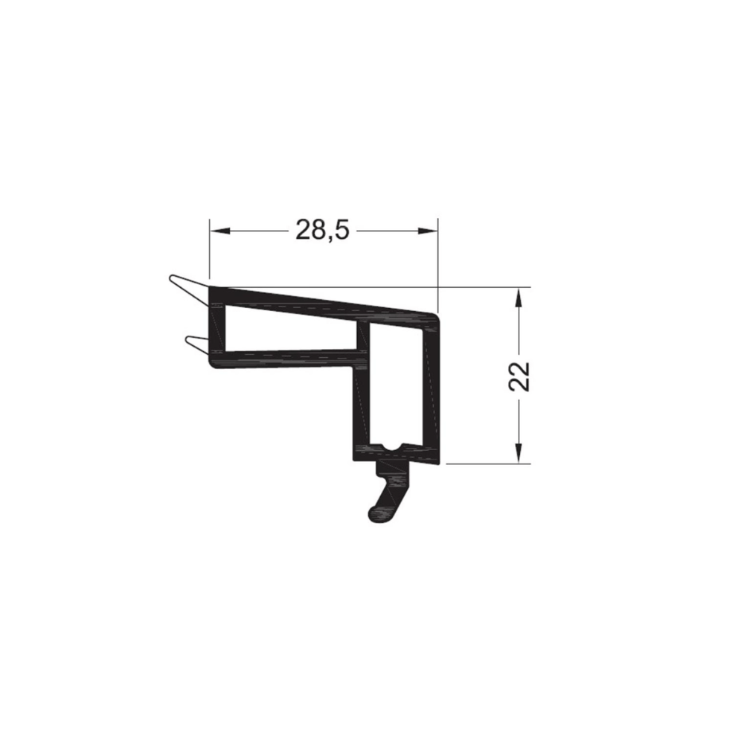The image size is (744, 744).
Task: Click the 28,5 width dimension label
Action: pos(323,231)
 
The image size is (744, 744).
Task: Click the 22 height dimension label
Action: pos(519,376)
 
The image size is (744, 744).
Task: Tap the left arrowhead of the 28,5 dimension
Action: pos(220,231)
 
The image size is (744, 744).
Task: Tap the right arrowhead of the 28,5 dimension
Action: pos(427,231)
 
